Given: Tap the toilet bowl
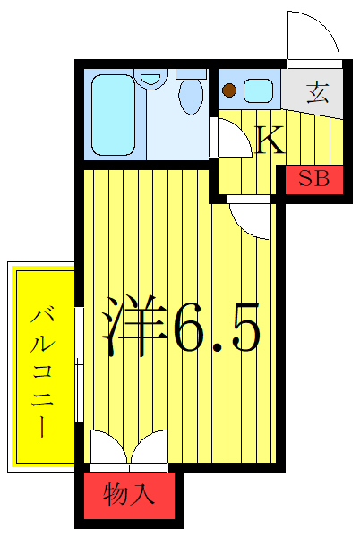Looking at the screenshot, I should pyautogui.click(x=191, y=97).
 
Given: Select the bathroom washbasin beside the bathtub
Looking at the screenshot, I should pyautogui.click(x=153, y=79).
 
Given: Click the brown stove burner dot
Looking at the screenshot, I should pyautogui.click(x=230, y=89).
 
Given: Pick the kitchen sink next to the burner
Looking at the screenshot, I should pyautogui.click(x=259, y=89).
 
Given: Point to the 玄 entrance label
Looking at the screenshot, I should pyautogui.click(x=316, y=92).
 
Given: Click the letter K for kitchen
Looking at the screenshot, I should pyautogui.click(x=270, y=140).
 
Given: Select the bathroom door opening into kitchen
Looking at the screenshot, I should pyautogui.click(x=231, y=134).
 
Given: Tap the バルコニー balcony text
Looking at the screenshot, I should pyautogui.click(x=41, y=371).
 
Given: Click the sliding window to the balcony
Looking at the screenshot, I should pyautogui.click(x=80, y=362).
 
